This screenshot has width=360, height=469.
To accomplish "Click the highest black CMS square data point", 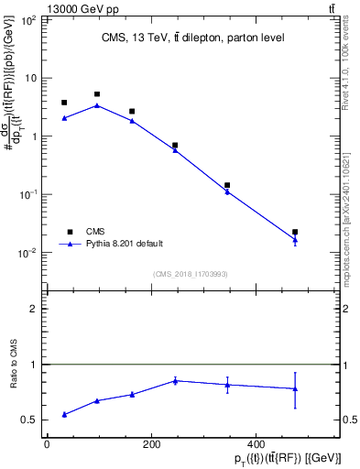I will pos(97,94).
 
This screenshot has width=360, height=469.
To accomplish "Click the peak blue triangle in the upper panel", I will pos(97,105).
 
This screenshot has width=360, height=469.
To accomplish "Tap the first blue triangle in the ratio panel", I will pos(64,414).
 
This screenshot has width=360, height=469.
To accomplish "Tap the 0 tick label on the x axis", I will pos(47,443).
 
